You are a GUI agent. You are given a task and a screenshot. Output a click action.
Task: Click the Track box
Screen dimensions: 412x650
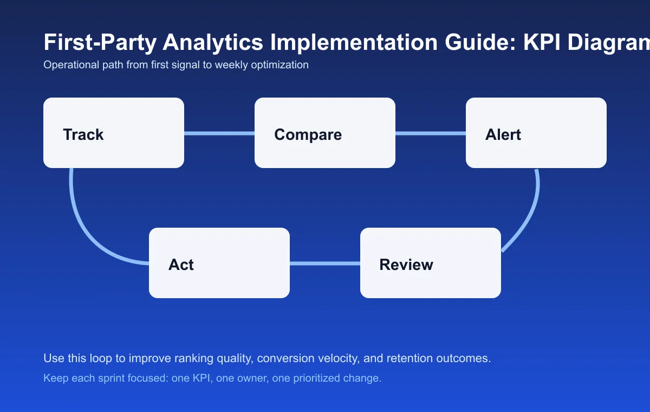pyautogui.click(x=114, y=133)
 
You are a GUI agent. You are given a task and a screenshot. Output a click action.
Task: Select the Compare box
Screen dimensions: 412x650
pyautogui.click(x=325, y=133)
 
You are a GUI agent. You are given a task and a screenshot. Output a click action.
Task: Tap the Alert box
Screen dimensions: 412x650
pyautogui.click(x=536, y=133)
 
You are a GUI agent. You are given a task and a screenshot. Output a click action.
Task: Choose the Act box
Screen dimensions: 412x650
pyautogui.click(x=219, y=263)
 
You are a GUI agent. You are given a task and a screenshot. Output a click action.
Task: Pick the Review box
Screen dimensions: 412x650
pyautogui.click(x=431, y=263)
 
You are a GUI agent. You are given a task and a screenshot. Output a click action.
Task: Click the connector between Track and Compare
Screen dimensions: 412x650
pyautogui.click(x=219, y=133)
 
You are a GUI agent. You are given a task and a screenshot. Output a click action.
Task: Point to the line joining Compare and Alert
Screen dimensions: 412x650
pyautogui.click(x=431, y=133)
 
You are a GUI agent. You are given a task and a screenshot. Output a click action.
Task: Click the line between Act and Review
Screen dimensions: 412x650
pyautogui.click(x=325, y=263)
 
